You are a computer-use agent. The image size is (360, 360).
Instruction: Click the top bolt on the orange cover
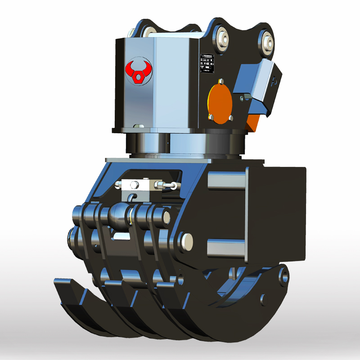220,82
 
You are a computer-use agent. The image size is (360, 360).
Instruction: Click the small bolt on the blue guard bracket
243,98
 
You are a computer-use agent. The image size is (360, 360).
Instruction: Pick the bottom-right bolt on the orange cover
230,118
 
